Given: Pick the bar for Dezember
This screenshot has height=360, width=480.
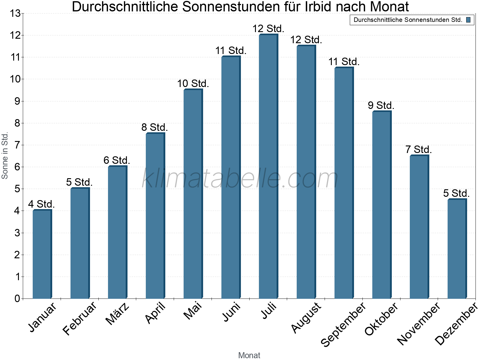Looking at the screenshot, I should pos(457,249).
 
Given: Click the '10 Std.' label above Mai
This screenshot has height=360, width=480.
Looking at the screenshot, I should pos(193,83).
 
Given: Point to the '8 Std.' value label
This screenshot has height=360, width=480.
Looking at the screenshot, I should pos(154,127).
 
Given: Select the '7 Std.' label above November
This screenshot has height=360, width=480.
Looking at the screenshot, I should pos(418,149).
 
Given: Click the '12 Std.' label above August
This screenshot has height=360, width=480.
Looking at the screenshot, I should pos(306,40).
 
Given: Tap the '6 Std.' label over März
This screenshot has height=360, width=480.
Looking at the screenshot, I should pos(117,160).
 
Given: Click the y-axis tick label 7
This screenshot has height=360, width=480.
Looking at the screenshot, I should pos(17,145).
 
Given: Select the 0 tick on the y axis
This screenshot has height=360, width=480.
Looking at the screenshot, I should pos(17,298).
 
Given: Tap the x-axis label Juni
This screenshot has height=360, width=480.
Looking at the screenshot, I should pos(231,312).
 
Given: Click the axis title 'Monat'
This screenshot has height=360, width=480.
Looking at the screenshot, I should pos(249,355).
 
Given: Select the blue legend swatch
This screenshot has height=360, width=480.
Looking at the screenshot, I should pos(468,20).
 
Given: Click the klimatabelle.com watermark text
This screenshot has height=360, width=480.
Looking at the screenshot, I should pos(240,179).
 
